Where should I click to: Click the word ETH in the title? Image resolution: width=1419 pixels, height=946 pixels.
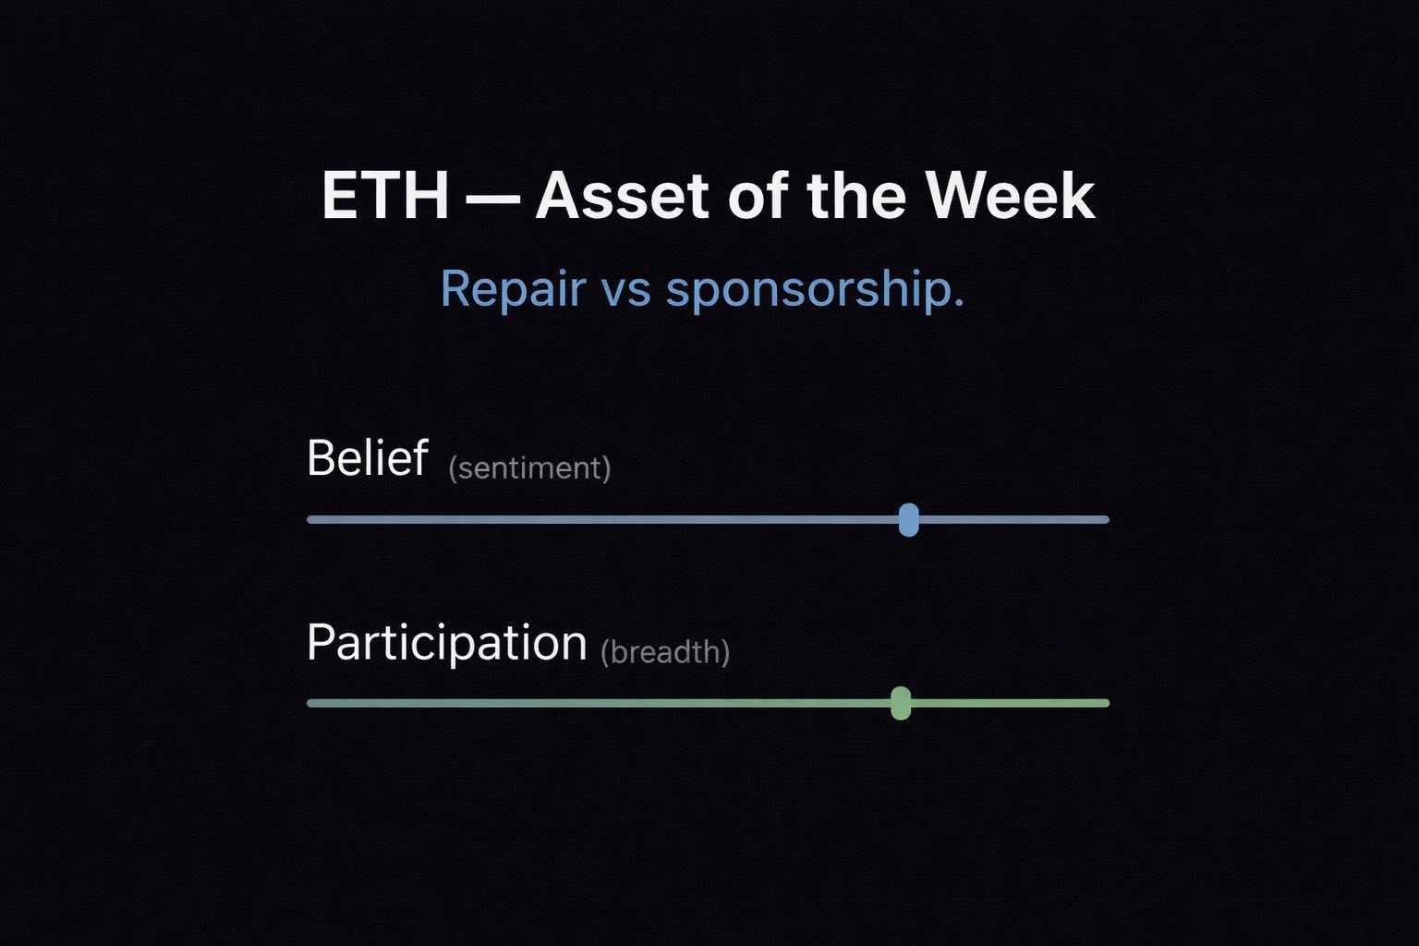(385, 196)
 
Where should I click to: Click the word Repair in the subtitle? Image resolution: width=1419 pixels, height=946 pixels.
(513, 288)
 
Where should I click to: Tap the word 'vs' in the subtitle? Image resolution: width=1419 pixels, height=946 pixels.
(625, 290)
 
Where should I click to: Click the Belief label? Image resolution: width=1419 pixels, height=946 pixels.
(367, 457)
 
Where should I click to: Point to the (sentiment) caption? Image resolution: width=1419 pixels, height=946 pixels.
(529, 467)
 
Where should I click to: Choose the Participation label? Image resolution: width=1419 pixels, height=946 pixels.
(446, 642)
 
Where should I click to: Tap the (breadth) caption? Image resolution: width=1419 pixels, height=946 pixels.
(665, 652)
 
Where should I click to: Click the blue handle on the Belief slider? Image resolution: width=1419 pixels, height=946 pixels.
(908, 519)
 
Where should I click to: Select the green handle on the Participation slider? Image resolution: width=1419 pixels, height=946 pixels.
(901, 703)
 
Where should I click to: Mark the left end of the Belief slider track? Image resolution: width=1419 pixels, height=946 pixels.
(311, 519)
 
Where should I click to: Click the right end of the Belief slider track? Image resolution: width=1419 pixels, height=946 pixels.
(1105, 519)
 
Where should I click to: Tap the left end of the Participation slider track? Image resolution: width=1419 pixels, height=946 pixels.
(311, 703)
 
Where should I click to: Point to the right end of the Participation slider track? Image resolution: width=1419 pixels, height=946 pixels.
(1105, 703)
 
